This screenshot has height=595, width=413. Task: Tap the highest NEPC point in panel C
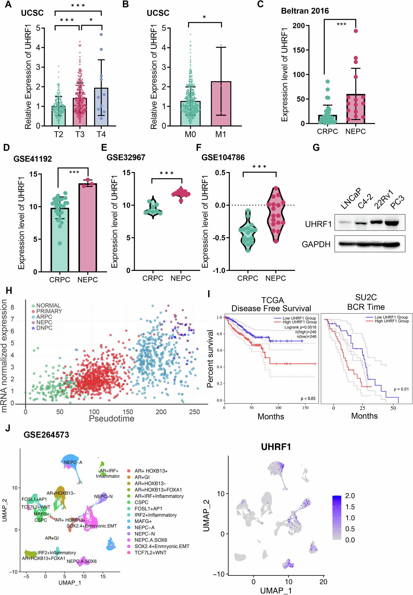pyautogui.click(x=356, y=31)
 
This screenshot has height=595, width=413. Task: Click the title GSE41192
pyautogui.click(x=33, y=159)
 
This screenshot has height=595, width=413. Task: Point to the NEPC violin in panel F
pyautogui.click(x=276, y=215)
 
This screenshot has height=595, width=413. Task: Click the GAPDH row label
pyautogui.click(x=316, y=244)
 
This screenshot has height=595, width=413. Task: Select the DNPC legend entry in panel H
pyautogui.click(x=44, y=328)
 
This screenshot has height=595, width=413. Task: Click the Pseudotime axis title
pyautogui.click(x=111, y=418)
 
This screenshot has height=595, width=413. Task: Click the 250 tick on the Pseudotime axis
pyautogui.click(x=194, y=412)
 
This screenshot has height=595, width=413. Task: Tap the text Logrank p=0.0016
pyautogui.click(x=300, y=327)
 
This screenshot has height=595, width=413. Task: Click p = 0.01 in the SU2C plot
pyautogui.click(x=401, y=389)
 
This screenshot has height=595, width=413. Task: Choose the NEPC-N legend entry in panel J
pyautogui.click(x=144, y=534)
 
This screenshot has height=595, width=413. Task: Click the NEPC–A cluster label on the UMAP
pyautogui.click(x=73, y=462)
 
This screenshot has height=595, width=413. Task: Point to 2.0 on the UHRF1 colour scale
pyautogui.click(x=350, y=496)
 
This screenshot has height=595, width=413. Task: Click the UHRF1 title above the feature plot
pyautogui.click(x=276, y=447)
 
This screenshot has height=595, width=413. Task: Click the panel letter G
pyautogui.click(x=316, y=148)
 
